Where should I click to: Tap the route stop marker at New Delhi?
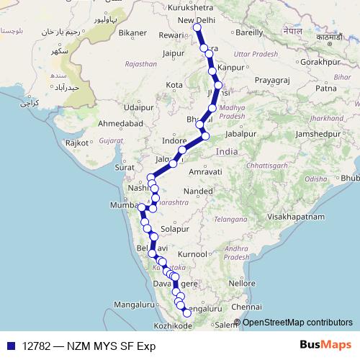tap(197, 28)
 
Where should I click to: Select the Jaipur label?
tap(174, 53)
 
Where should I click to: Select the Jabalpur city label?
tap(240, 134)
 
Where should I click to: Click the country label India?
tap(226, 152)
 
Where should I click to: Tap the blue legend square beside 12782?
tap(11, 345)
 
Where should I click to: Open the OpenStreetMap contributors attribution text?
tap(297, 322)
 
